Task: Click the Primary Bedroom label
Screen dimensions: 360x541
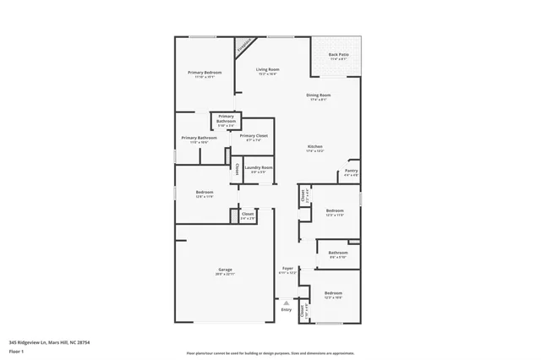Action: pyautogui.click(x=205, y=73)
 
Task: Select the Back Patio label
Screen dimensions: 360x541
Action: pyautogui.click(x=338, y=55)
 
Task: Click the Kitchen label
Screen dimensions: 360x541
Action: pyautogui.click(x=315, y=146)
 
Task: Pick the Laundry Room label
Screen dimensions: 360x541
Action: pyautogui.click(x=258, y=167)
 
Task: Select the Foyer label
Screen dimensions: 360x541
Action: pyautogui.click(x=287, y=268)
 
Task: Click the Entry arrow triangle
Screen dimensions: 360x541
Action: pyautogui.click(x=286, y=302)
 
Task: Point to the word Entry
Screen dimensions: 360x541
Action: pyautogui.click(x=286, y=309)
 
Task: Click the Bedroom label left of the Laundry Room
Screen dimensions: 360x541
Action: pyautogui.click(x=205, y=192)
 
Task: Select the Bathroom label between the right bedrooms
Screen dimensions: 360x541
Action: pyautogui.click(x=338, y=253)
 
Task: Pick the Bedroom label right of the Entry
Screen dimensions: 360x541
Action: pyautogui.click(x=333, y=293)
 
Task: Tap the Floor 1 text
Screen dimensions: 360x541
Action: pyautogui.click(x=15, y=351)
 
